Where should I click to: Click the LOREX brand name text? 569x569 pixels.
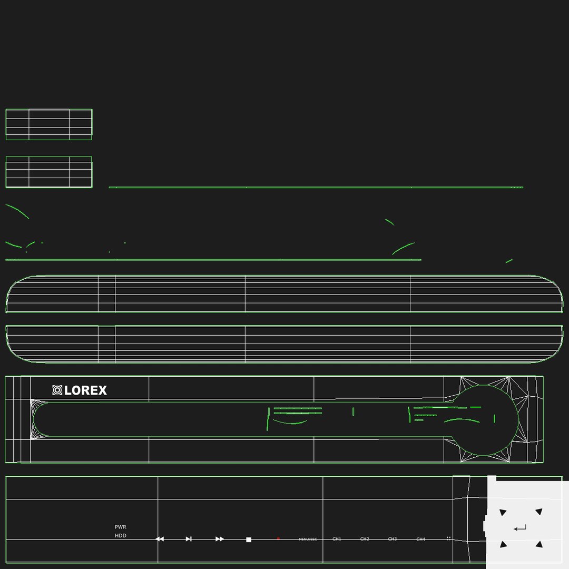85,390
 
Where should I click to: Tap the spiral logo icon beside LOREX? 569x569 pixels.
57,390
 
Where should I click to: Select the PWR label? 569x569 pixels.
121,527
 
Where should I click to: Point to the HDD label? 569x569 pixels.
121,536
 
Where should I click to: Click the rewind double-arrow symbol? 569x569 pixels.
160,539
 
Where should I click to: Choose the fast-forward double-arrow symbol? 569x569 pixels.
220,539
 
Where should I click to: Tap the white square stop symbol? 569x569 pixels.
249,539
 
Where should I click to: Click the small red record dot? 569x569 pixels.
278,538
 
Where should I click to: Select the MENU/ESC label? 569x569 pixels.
308,539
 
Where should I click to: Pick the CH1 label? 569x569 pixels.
337,539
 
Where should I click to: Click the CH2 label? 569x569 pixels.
365,539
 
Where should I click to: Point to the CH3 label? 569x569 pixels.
393,539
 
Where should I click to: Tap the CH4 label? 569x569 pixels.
420,539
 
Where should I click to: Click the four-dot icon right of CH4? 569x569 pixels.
449,538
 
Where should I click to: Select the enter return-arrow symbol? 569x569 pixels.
520,528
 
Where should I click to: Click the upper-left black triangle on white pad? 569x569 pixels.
503,512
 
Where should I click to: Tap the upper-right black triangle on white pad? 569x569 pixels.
539,512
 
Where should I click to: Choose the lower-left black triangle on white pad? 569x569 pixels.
503,544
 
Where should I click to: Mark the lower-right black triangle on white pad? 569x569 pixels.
539,544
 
